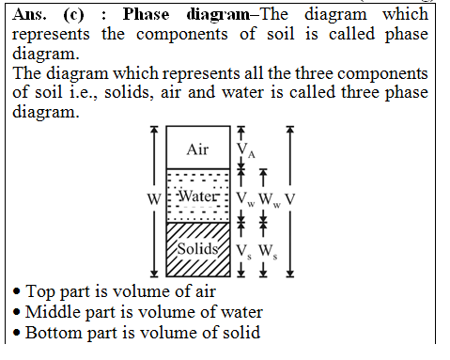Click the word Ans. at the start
[x=27, y=15]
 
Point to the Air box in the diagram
[x=197, y=149]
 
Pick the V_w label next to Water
[x=244, y=199]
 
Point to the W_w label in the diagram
[x=269, y=199]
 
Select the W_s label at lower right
[x=267, y=251]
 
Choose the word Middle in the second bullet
[x=54, y=312]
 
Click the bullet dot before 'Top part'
[x=16, y=292]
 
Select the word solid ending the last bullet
[x=239, y=333]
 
